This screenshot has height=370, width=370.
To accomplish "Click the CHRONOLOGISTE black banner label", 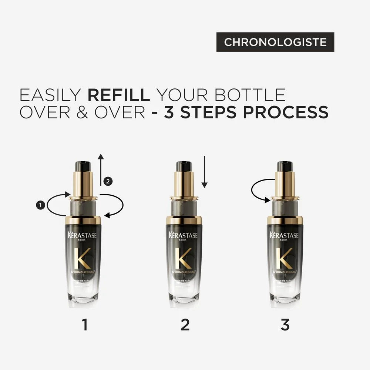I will pyautogui.click(x=275, y=42).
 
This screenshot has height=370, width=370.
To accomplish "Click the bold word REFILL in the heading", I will pyautogui.click(x=118, y=95).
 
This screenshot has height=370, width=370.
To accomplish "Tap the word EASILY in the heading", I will pyautogui.click(x=50, y=95).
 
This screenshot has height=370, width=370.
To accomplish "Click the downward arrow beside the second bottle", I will pyautogui.click(x=205, y=172).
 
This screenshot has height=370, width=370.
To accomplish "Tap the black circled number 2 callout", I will pyautogui.click(x=108, y=181).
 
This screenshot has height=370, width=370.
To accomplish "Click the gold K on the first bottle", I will pyautogui.click(x=82, y=258).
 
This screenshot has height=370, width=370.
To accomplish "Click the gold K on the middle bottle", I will pyautogui.click(x=184, y=258).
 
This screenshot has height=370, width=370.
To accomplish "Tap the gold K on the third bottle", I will pyautogui.click(x=285, y=258).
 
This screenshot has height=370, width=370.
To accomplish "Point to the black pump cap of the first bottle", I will pyautogui.click(x=83, y=166).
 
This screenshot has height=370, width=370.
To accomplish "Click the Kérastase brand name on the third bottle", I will pyautogui.click(x=285, y=235).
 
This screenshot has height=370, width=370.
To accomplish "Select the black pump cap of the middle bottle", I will pyautogui.click(x=184, y=166).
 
